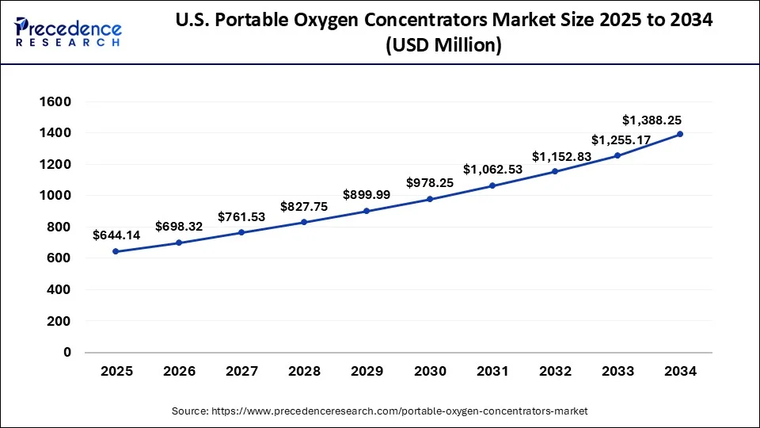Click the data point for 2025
coord(116,251)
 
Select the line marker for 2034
coord(680,135)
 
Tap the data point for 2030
coord(429,199)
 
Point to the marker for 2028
coord(304,222)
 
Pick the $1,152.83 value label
coord(561,157)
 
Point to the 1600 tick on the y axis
coord(55,102)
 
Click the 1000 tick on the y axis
coord(55,196)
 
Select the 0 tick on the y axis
coord(66,352)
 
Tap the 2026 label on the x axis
coord(178,371)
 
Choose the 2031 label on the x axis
coord(492,371)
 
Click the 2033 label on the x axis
coord(617,371)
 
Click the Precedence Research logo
coord(68,32)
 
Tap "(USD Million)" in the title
coord(443,47)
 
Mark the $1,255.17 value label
coord(622,140)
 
